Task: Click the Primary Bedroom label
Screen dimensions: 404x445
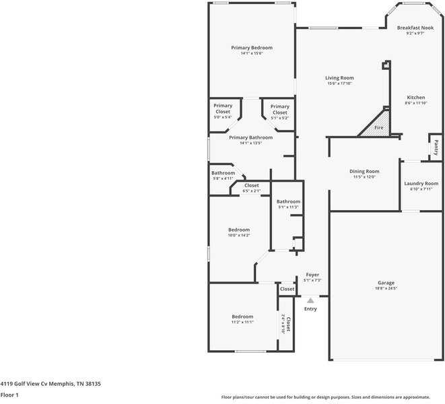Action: tap(251, 48)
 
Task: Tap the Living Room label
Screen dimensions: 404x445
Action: tap(339, 78)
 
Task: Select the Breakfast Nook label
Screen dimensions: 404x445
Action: tap(415, 28)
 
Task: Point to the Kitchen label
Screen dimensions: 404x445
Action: tap(415, 98)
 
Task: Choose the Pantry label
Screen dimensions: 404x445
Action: tap(436, 146)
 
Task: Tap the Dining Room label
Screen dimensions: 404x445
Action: tap(364, 171)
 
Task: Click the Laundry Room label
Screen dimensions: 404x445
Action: tap(421, 184)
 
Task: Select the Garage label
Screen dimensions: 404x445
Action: tap(386, 283)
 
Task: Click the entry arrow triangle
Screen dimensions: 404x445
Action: tap(310, 301)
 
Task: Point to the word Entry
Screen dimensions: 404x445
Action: tap(310, 309)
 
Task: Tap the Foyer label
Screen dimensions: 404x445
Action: tap(312, 275)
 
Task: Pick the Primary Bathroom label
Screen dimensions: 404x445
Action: tap(250, 137)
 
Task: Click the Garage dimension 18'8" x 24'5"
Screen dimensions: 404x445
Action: tap(386, 288)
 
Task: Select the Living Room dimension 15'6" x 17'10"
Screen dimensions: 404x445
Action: tap(339, 83)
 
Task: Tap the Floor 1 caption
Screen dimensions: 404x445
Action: tap(9, 395)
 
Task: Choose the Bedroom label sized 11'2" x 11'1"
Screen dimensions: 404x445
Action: tap(242, 316)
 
